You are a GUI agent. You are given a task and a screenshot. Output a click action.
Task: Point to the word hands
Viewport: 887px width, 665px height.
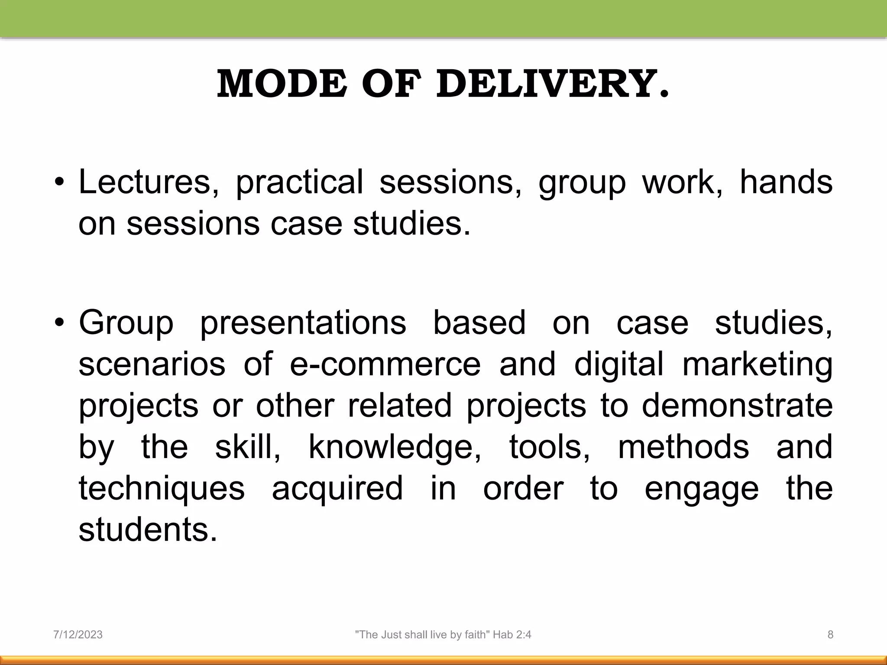(786, 182)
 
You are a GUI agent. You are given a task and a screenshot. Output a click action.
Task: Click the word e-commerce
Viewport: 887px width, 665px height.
(385, 364)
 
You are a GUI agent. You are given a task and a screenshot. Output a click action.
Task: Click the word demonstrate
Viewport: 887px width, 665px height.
(737, 405)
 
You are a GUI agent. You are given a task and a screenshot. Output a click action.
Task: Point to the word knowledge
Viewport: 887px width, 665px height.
(394, 448)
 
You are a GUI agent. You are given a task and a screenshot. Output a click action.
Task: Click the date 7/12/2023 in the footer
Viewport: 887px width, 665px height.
(78, 635)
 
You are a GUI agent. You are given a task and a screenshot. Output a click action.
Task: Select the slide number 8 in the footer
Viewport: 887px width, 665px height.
(830, 635)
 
